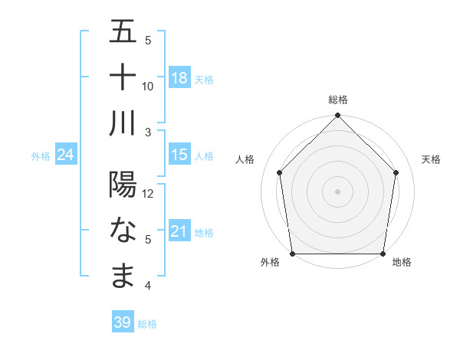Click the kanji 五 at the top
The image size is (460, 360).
(123, 33)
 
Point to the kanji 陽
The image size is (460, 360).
(123, 186)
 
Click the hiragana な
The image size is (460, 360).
(123, 231)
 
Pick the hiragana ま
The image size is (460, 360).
(123, 276)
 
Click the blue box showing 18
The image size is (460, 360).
(179, 77)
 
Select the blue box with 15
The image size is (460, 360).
(179, 155)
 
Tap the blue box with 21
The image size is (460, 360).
(179, 231)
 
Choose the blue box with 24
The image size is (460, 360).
(66, 155)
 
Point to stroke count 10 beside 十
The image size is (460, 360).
(148, 86)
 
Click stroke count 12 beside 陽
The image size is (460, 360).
(149, 194)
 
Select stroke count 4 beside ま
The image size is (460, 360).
(148, 286)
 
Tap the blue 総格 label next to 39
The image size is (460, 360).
(148, 324)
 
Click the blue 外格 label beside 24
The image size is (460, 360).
(41, 156)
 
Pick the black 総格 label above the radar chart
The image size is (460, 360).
(338, 100)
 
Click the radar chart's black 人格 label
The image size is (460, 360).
(248, 159)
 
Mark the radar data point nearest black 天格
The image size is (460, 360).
(396, 172)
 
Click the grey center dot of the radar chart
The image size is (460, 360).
(337, 191)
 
